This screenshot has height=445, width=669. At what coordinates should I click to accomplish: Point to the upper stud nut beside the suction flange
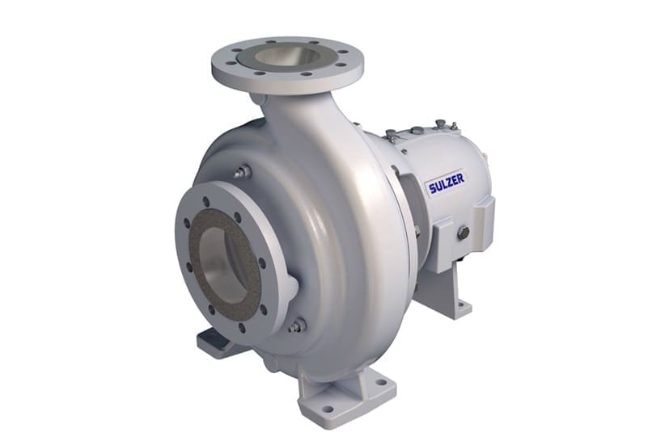click(x=240, y=171)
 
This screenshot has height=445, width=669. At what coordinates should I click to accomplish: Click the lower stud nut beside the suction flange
click(x=296, y=325)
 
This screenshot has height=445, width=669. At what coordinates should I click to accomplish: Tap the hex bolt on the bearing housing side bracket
click(x=464, y=233)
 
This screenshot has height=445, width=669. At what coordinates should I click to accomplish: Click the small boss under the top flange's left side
click(x=258, y=99)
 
